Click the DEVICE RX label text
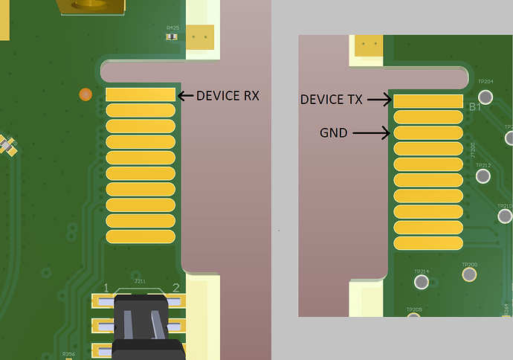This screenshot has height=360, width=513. click(x=228, y=95)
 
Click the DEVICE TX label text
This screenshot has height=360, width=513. click(x=332, y=99)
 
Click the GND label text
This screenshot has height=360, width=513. click(x=332, y=134)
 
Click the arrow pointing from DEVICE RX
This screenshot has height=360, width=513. click(x=185, y=95)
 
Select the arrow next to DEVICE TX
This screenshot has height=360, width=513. click(x=378, y=99)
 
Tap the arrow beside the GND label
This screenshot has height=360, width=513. click(x=371, y=134)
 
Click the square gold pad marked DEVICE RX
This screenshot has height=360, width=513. click(x=141, y=94)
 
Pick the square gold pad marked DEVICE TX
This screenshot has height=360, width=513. click(x=427, y=100)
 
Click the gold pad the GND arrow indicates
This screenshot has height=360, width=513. click(x=427, y=132)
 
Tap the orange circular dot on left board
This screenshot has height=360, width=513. click(x=85, y=94)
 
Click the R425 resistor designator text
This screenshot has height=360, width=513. click(x=172, y=28)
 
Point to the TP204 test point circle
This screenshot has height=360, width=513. click(x=487, y=97)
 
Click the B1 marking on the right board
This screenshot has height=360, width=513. click(x=476, y=108)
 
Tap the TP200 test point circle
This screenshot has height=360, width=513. click(x=469, y=275)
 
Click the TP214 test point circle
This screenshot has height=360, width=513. click(x=422, y=283)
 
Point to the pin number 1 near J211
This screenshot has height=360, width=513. click(x=107, y=288)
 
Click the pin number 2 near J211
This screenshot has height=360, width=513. click(x=176, y=288)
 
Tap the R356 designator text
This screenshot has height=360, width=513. click(x=68, y=354)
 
